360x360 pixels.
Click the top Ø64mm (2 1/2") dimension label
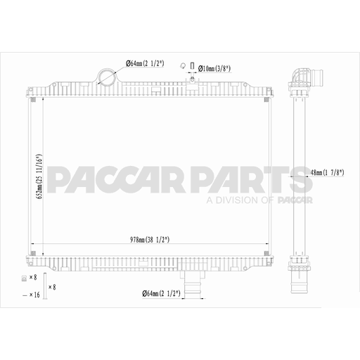pyautogui.click(x=145, y=64)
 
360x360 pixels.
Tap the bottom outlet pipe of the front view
pyautogui.click(x=191, y=285)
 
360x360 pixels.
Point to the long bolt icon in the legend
pyautogui.click(x=44, y=285)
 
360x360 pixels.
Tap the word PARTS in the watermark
pyautogui.click(x=253, y=180)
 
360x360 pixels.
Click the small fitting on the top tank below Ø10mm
pyautogui.click(x=191, y=83)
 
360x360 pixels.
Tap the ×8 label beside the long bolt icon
pyautogui.click(x=52, y=287)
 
